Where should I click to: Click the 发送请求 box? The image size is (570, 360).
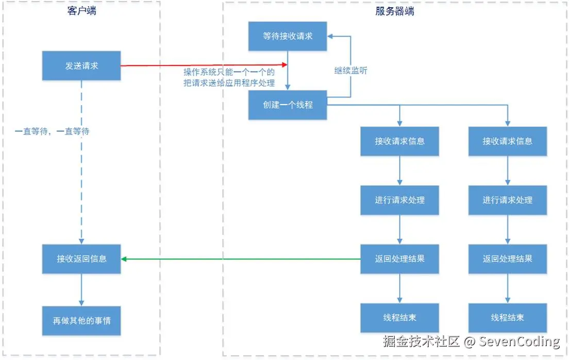click(81, 65)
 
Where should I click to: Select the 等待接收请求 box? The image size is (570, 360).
click(288, 36)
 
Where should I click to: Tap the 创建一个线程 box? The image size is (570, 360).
click(288, 105)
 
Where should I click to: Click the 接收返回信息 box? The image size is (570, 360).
click(81, 259)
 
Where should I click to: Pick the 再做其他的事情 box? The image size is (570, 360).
click(81, 320)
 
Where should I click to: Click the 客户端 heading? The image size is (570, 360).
click(82, 11)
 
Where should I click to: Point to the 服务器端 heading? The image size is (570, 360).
click(395, 11)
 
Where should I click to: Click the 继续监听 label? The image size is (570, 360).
click(351, 71)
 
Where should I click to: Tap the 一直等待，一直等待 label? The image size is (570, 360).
click(52, 131)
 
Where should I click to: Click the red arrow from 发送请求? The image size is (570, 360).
click(204, 65)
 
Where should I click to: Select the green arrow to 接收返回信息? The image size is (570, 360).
click(241, 259)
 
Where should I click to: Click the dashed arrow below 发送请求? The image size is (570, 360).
click(81, 162)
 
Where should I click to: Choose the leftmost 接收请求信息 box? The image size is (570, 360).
click(399, 141)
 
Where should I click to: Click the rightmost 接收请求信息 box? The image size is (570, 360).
click(508, 141)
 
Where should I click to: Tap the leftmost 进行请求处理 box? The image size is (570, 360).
click(399, 200)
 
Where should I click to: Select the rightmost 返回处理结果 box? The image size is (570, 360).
click(508, 259)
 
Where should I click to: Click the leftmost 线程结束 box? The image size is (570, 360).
click(399, 317)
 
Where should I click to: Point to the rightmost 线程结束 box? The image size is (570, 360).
click(508, 317)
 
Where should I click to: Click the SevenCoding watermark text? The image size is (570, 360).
click(519, 341)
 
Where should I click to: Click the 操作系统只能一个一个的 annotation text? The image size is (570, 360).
click(229, 72)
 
